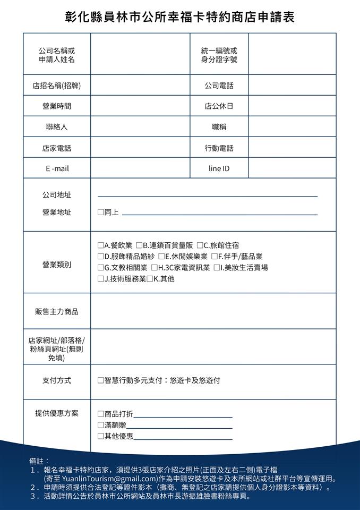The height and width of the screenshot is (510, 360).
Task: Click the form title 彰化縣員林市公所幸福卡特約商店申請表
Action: (x=179, y=17)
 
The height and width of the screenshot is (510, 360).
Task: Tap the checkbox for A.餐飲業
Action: (x=100, y=245)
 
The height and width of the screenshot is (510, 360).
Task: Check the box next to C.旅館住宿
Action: (x=200, y=245)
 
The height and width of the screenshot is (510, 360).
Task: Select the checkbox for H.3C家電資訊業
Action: (x=154, y=268)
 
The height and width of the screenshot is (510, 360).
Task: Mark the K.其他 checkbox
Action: (x=150, y=279)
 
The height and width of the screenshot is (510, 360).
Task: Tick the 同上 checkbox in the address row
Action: (x=100, y=212)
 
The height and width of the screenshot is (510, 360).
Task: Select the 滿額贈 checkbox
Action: (x=100, y=425)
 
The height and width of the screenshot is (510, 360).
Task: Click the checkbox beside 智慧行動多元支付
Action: (x=100, y=381)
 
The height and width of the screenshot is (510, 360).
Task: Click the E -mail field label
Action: (x=57, y=168)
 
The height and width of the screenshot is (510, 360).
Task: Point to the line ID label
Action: (x=219, y=168)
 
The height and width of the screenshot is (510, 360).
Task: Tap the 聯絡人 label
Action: (x=57, y=127)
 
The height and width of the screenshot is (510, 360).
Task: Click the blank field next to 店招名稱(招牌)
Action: (x=140, y=86)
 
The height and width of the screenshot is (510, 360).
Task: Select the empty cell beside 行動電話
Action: (x=292, y=148)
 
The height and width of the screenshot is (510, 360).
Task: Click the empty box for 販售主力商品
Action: (x=213, y=311)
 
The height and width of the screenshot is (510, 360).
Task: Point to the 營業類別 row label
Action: (x=57, y=265)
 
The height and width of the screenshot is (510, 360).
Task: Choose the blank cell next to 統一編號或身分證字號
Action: (x=292, y=54)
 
